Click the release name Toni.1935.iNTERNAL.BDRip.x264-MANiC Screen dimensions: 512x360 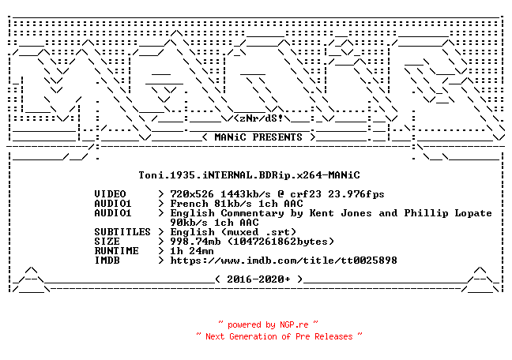click(249, 175)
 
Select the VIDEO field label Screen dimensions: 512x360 click(110, 194)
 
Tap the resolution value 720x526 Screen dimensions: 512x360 click(192, 194)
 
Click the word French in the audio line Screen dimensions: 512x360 click(189, 204)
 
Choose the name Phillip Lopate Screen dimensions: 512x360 click(448, 213)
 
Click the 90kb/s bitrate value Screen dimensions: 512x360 click(189, 223)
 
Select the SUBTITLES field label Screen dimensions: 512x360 click(122, 232)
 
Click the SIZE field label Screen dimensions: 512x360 click(107, 242)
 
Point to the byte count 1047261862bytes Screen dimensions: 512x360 click(280, 242)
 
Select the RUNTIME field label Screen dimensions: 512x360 click(117, 251)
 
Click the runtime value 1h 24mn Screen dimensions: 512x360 click(192, 251)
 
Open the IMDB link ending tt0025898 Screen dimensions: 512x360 click(284, 260)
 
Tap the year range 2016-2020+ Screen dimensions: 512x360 click(258, 279)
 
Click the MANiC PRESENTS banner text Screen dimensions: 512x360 click(258, 137)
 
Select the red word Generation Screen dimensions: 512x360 click(253, 336)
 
